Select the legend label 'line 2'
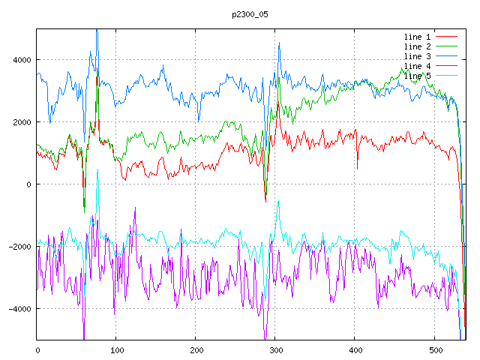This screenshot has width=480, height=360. (417, 46)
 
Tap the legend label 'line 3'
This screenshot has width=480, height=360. (417, 56)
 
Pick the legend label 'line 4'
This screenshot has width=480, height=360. (417, 66)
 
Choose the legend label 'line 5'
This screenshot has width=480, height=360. (417, 76)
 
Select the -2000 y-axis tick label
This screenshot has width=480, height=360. (19, 247)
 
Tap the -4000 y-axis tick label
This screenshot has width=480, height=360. (19, 309)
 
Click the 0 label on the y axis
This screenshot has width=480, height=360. (29, 184)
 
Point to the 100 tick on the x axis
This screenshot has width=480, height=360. (116, 349)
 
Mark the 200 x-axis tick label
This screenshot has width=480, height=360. (196, 349)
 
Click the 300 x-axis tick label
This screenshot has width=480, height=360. (275, 349)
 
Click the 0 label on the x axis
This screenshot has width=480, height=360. (37, 349)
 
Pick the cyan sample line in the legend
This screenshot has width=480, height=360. (447, 76)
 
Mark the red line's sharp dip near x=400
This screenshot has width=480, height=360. (357, 168)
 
